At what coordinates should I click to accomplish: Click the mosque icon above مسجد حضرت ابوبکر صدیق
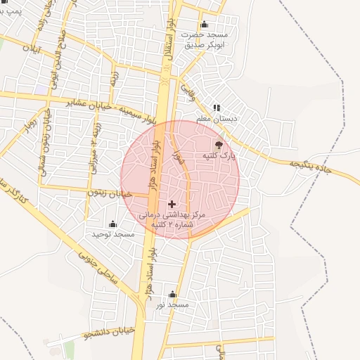click(204, 25)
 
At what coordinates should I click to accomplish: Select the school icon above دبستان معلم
click(217, 108)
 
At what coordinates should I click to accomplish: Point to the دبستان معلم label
click(218, 120)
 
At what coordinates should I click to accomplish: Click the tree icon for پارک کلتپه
click(219, 145)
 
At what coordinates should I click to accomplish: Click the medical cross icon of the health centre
click(172, 203)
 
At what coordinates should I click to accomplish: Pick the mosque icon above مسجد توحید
click(112, 224)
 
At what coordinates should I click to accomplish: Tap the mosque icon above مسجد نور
click(173, 294)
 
